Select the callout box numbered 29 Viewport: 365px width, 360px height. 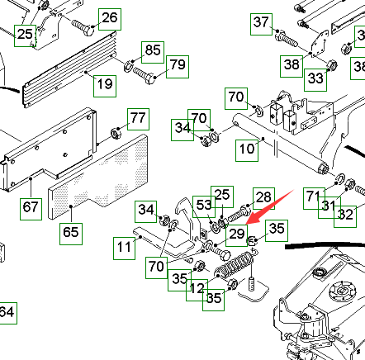coord(237,234)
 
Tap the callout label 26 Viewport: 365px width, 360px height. coord(110,19)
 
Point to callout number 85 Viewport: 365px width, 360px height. coord(153,52)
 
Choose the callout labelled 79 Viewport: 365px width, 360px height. coord(178,66)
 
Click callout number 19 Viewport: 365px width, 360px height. coord(105,86)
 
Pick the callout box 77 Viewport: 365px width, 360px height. coord(138,119)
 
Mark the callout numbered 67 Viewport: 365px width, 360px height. coord(31,209)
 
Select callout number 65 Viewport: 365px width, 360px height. coord(71,234)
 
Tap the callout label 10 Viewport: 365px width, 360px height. coord(247,150)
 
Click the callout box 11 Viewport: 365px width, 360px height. coord(125,249)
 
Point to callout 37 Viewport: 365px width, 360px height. coord(262,24)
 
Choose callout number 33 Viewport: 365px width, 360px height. coord(315,80)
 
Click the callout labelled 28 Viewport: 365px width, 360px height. coord(264,198)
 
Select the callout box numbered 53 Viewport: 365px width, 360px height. coord(204,206)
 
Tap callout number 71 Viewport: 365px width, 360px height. coord(315,198)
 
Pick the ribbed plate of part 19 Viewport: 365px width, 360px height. coord(69,69)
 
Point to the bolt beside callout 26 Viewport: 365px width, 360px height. coord(83,27)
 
